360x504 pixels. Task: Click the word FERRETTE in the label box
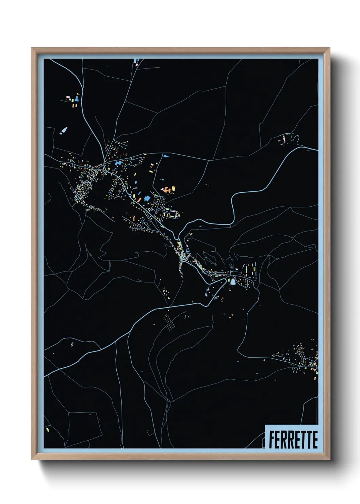(x=293, y=440)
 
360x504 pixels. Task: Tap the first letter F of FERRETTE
(x=272, y=440)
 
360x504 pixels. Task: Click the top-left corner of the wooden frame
(x=32, y=48)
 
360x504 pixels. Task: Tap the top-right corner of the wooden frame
(x=329, y=48)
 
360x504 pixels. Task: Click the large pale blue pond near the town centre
(x=233, y=282)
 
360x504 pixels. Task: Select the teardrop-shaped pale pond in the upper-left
(x=64, y=130)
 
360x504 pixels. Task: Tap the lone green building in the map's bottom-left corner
(x=48, y=430)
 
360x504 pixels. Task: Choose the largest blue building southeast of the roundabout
(x=147, y=198)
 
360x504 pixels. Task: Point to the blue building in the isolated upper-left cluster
(x=77, y=99)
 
